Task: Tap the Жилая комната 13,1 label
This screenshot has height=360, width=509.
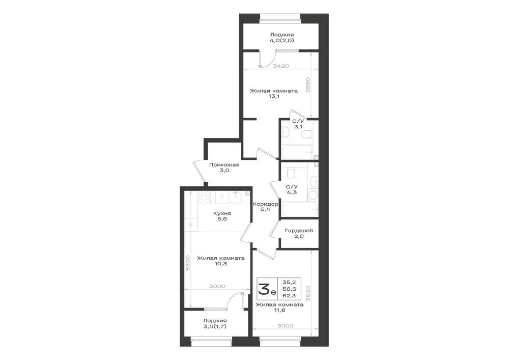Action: point(274,94)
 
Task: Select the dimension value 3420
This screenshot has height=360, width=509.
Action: point(281,66)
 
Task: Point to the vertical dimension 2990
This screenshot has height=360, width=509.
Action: point(308,85)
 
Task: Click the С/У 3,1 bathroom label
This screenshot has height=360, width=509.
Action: point(298,124)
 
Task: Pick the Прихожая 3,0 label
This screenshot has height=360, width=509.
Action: point(224,167)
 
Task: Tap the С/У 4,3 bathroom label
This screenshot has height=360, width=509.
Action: point(292,189)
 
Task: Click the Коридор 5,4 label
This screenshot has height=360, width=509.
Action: point(265,207)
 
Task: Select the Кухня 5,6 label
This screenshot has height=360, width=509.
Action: point(222,216)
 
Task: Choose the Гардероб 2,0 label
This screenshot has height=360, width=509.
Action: point(299,233)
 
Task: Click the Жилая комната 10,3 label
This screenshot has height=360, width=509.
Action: point(221,261)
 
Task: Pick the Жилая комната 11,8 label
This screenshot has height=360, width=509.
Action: point(279,308)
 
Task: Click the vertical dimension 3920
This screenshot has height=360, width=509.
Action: point(309,293)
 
